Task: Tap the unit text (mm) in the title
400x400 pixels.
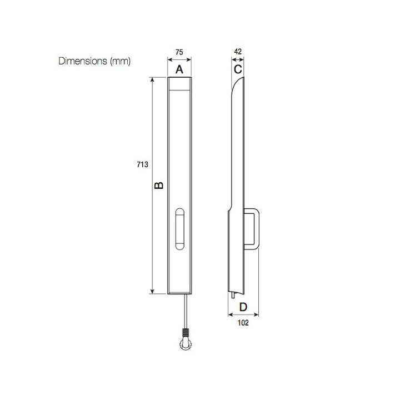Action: click(x=120, y=61)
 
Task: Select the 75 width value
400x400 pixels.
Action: click(x=179, y=52)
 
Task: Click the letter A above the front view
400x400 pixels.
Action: click(x=179, y=69)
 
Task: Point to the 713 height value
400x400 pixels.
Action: click(x=142, y=164)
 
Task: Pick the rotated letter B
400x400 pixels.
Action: click(x=159, y=185)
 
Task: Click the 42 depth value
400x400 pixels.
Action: click(x=238, y=52)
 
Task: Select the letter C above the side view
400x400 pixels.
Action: click(x=237, y=69)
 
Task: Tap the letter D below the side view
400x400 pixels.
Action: click(x=243, y=307)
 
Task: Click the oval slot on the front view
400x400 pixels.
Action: click(x=179, y=229)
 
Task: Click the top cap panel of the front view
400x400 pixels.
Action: click(x=179, y=84)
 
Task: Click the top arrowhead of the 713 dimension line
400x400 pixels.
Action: click(x=152, y=79)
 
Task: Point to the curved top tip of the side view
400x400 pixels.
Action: click(x=241, y=80)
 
